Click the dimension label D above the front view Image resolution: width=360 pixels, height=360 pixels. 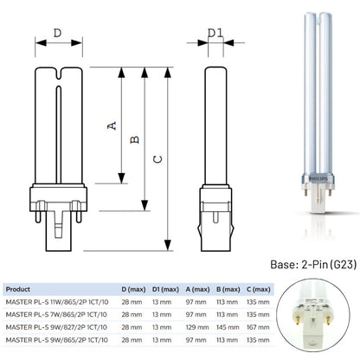tap(58, 33)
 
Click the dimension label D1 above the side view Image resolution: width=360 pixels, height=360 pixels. tap(215, 33)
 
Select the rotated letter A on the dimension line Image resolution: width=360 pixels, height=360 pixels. tap(112, 125)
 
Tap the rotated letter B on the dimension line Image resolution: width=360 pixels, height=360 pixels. tap(134, 139)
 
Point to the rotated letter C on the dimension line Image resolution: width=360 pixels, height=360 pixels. tap(157, 159)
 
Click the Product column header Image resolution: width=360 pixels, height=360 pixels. tap(18, 289)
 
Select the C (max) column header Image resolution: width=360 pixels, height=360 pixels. tap(259, 289)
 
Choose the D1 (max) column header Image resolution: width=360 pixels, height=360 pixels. tap(165, 289)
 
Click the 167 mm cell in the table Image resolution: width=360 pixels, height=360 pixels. tap(258, 327)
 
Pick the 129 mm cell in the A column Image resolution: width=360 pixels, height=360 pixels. tap(197, 327)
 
